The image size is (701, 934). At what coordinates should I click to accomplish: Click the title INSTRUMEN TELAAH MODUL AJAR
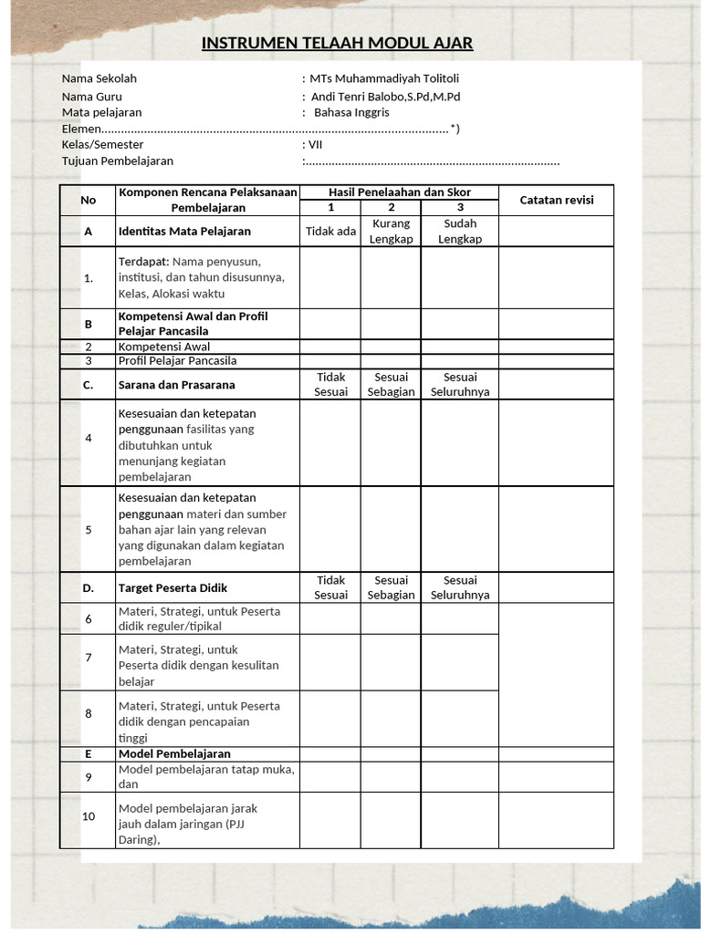[x=337, y=44]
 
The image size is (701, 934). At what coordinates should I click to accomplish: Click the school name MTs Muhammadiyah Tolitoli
[x=383, y=78]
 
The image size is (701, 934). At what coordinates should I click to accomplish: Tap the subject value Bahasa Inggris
[x=351, y=112]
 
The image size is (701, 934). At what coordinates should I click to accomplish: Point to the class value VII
[x=316, y=144]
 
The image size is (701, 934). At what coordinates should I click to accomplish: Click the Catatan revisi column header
[x=556, y=200]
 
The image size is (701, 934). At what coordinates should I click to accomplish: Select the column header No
[x=88, y=200]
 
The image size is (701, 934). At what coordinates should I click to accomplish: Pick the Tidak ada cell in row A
[x=330, y=231]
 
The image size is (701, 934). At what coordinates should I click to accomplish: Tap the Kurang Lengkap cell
[x=391, y=231]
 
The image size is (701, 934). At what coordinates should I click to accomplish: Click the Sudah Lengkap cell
[x=460, y=231]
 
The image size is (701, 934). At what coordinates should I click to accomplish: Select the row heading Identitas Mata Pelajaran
[x=184, y=232]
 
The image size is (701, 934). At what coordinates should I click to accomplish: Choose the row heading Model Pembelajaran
[x=174, y=754]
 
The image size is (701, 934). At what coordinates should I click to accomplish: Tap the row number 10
[x=89, y=816]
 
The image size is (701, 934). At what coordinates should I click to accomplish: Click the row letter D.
[x=89, y=588]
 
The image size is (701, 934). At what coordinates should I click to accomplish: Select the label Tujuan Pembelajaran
[x=118, y=161]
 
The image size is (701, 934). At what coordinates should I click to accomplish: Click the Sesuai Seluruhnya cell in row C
[x=460, y=384]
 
